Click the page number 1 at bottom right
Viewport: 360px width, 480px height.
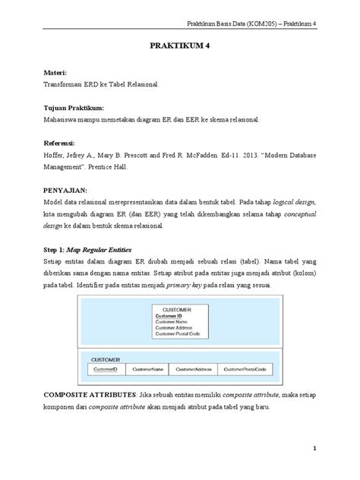coord(314,450)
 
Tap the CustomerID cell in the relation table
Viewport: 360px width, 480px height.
coord(106,369)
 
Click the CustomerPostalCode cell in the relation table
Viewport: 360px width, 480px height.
coord(245,369)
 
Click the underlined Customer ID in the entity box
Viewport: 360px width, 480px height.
coord(169,316)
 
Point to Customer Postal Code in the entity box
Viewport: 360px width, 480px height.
coord(177,334)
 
